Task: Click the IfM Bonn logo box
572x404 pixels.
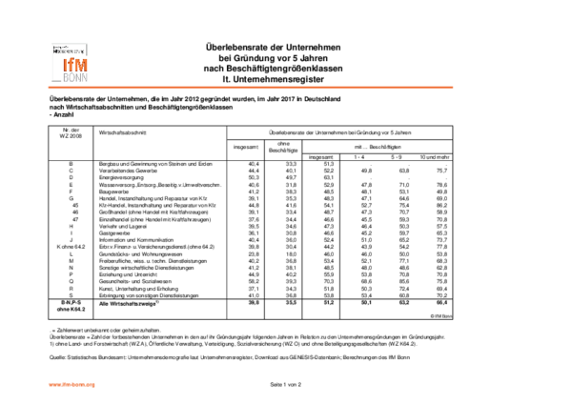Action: pos(70,63)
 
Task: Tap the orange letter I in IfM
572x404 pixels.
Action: pos(65,64)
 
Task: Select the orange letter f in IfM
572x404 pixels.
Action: pos(71,64)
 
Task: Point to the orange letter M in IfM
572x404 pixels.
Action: pos(80,64)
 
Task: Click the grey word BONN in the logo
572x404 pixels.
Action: pos(74,78)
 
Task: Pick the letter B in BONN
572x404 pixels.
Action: pos(66,78)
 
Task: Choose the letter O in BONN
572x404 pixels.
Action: pos(71,78)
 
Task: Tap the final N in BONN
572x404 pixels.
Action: pos(84,78)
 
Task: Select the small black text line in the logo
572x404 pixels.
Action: pos(69,50)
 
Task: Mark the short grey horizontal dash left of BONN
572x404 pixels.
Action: pos(56,81)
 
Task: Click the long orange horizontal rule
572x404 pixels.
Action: pos(251,87)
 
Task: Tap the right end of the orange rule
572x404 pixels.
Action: pos(454,87)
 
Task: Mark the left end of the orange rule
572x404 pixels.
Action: pos(48,87)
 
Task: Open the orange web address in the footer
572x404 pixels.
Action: pos(71,384)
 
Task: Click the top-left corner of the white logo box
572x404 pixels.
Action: pos(50,41)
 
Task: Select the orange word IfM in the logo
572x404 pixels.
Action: pos(73,64)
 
